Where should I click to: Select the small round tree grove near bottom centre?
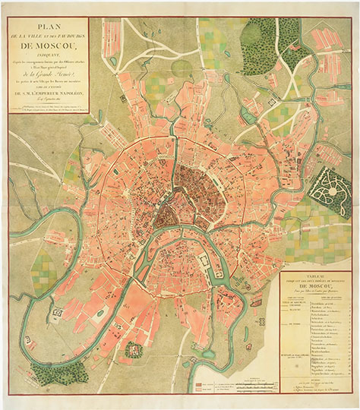pos(134,349)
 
